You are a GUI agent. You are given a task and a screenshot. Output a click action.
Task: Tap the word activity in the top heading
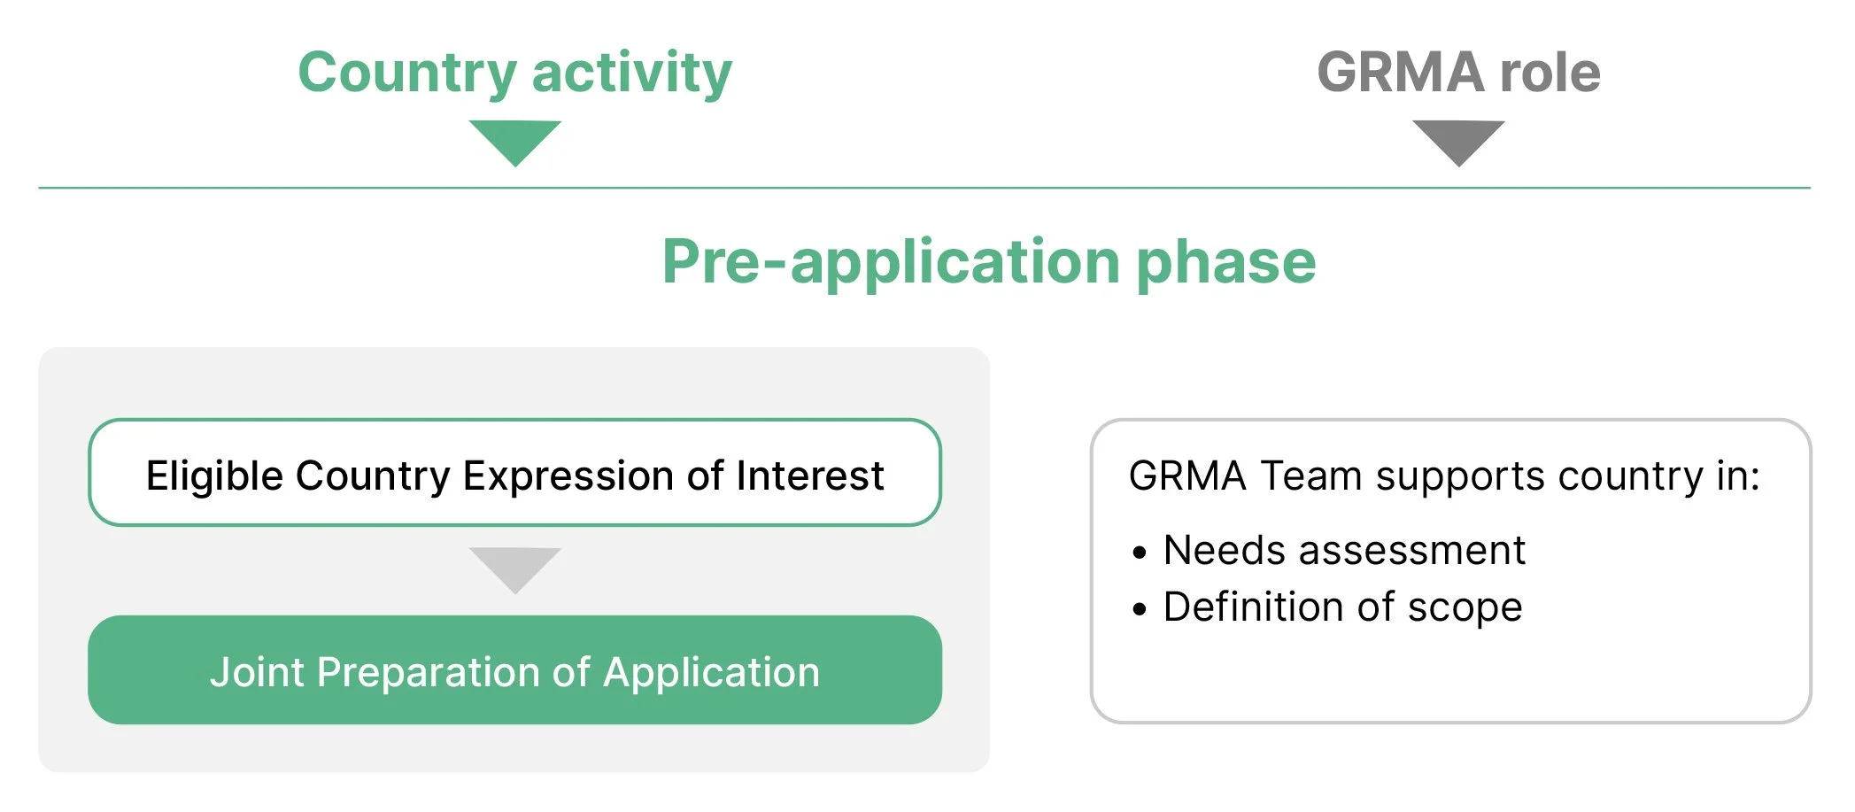pos(632,73)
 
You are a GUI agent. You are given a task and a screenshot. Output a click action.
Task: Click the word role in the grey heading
pos(1550,73)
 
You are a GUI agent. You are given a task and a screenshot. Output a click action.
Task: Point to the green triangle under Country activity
pos(515,140)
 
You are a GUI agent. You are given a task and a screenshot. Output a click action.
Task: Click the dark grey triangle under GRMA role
pos(1458,140)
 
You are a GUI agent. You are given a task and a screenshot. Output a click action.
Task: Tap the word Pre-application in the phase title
pos(891,262)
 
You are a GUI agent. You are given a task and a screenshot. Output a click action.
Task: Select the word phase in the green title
pos(1226,262)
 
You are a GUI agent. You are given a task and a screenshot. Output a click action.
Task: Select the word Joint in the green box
pos(257,672)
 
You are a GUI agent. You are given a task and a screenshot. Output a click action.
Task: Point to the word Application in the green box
pos(711,672)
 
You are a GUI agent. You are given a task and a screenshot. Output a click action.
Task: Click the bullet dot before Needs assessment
pos(1140,553)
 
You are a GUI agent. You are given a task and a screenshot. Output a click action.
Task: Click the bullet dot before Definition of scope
pos(1140,609)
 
